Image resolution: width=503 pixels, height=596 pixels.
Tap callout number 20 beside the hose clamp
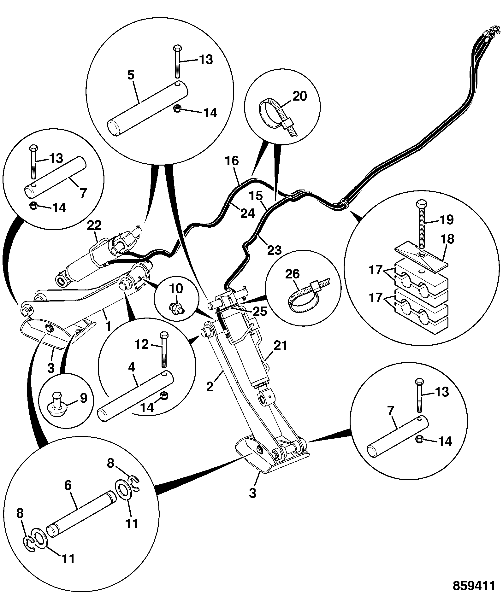click(299, 96)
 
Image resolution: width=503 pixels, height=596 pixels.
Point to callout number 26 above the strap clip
click(292, 274)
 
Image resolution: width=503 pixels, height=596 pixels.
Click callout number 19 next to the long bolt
click(446, 219)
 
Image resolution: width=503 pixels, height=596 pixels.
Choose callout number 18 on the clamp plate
click(447, 239)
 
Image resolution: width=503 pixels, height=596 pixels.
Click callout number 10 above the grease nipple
click(176, 288)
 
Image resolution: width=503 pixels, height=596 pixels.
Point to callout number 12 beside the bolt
click(142, 344)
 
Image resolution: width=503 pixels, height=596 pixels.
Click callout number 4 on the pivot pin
click(131, 367)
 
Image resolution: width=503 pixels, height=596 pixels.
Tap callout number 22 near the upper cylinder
click(94, 225)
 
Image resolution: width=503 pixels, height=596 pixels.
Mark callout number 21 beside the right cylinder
click(281, 346)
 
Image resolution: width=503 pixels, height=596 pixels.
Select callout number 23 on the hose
click(274, 250)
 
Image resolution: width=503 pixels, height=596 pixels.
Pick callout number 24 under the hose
click(247, 214)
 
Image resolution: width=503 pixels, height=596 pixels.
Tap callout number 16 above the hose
click(232, 161)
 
